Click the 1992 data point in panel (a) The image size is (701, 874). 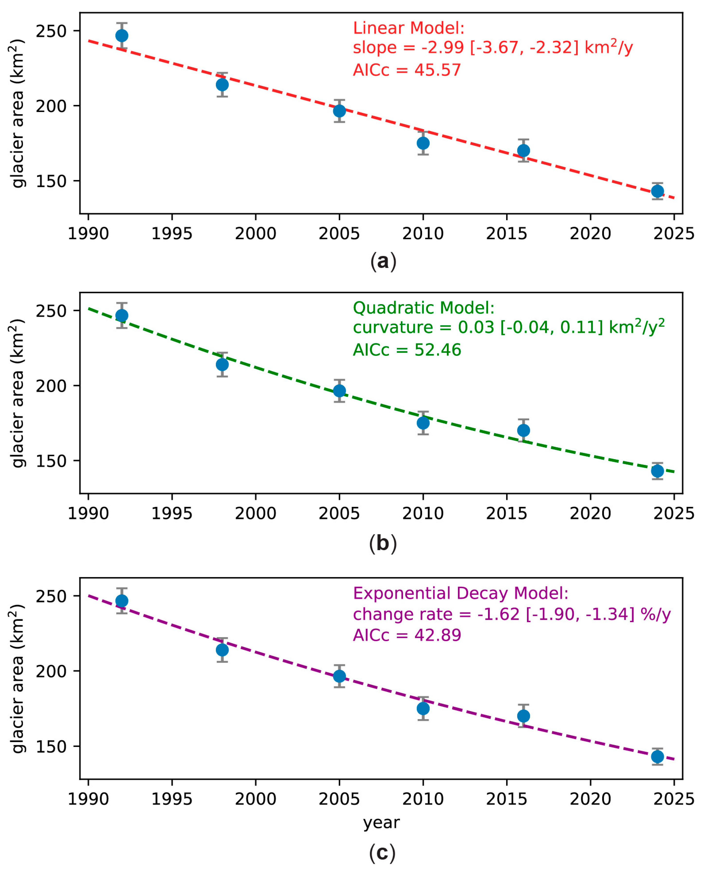coord(121,36)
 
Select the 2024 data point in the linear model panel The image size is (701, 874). coord(657,191)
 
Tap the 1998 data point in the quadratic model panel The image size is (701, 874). coord(222,364)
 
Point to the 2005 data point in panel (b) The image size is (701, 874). coord(339,391)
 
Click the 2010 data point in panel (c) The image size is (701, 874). coord(423,708)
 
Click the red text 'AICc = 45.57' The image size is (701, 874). coord(407,70)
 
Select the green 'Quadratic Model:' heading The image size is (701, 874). coord(424,308)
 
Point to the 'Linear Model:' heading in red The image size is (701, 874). coord(408,28)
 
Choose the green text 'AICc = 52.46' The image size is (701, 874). coord(407,350)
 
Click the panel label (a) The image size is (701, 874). coord(383,261)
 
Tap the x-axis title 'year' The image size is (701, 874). coord(381,823)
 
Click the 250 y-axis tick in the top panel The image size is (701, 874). coord(51,31)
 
